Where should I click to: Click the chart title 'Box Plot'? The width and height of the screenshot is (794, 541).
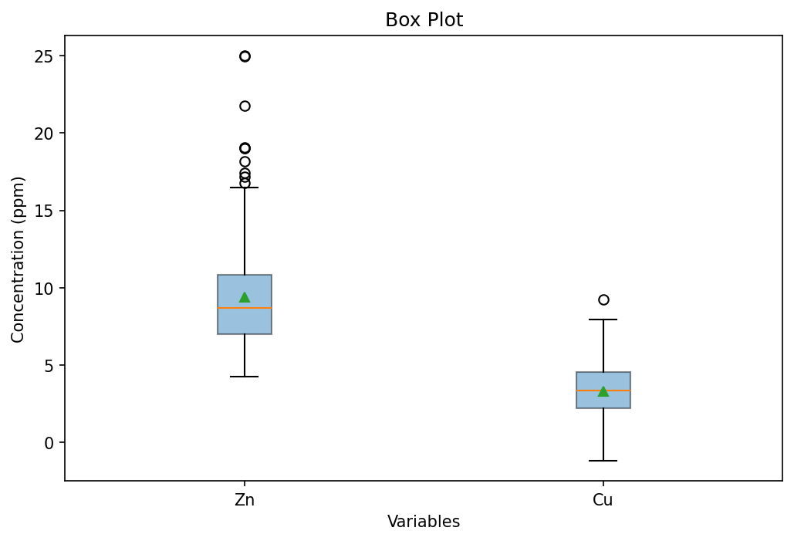click(424, 20)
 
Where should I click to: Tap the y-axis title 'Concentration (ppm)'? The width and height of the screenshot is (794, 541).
click(19, 259)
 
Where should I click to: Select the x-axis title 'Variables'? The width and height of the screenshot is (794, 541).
click(424, 522)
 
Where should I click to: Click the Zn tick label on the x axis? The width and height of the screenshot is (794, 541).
click(245, 500)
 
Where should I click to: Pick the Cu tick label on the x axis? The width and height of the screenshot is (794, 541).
click(603, 500)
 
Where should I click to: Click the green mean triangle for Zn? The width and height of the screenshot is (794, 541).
click(245, 297)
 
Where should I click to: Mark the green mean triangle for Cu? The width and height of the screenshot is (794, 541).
click(603, 391)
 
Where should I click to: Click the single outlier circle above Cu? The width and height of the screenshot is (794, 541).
click(603, 299)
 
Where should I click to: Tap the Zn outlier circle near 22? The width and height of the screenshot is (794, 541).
click(245, 106)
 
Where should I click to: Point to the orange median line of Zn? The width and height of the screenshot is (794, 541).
click(245, 308)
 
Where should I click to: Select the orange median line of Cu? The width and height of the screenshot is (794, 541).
click(603, 391)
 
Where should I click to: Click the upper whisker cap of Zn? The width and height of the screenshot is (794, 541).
click(245, 188)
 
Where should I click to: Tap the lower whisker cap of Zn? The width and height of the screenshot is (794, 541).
click(245, 377)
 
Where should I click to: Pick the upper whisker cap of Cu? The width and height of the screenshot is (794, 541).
click(603, 320)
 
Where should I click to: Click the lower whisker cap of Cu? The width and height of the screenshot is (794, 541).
click(603, 461)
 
